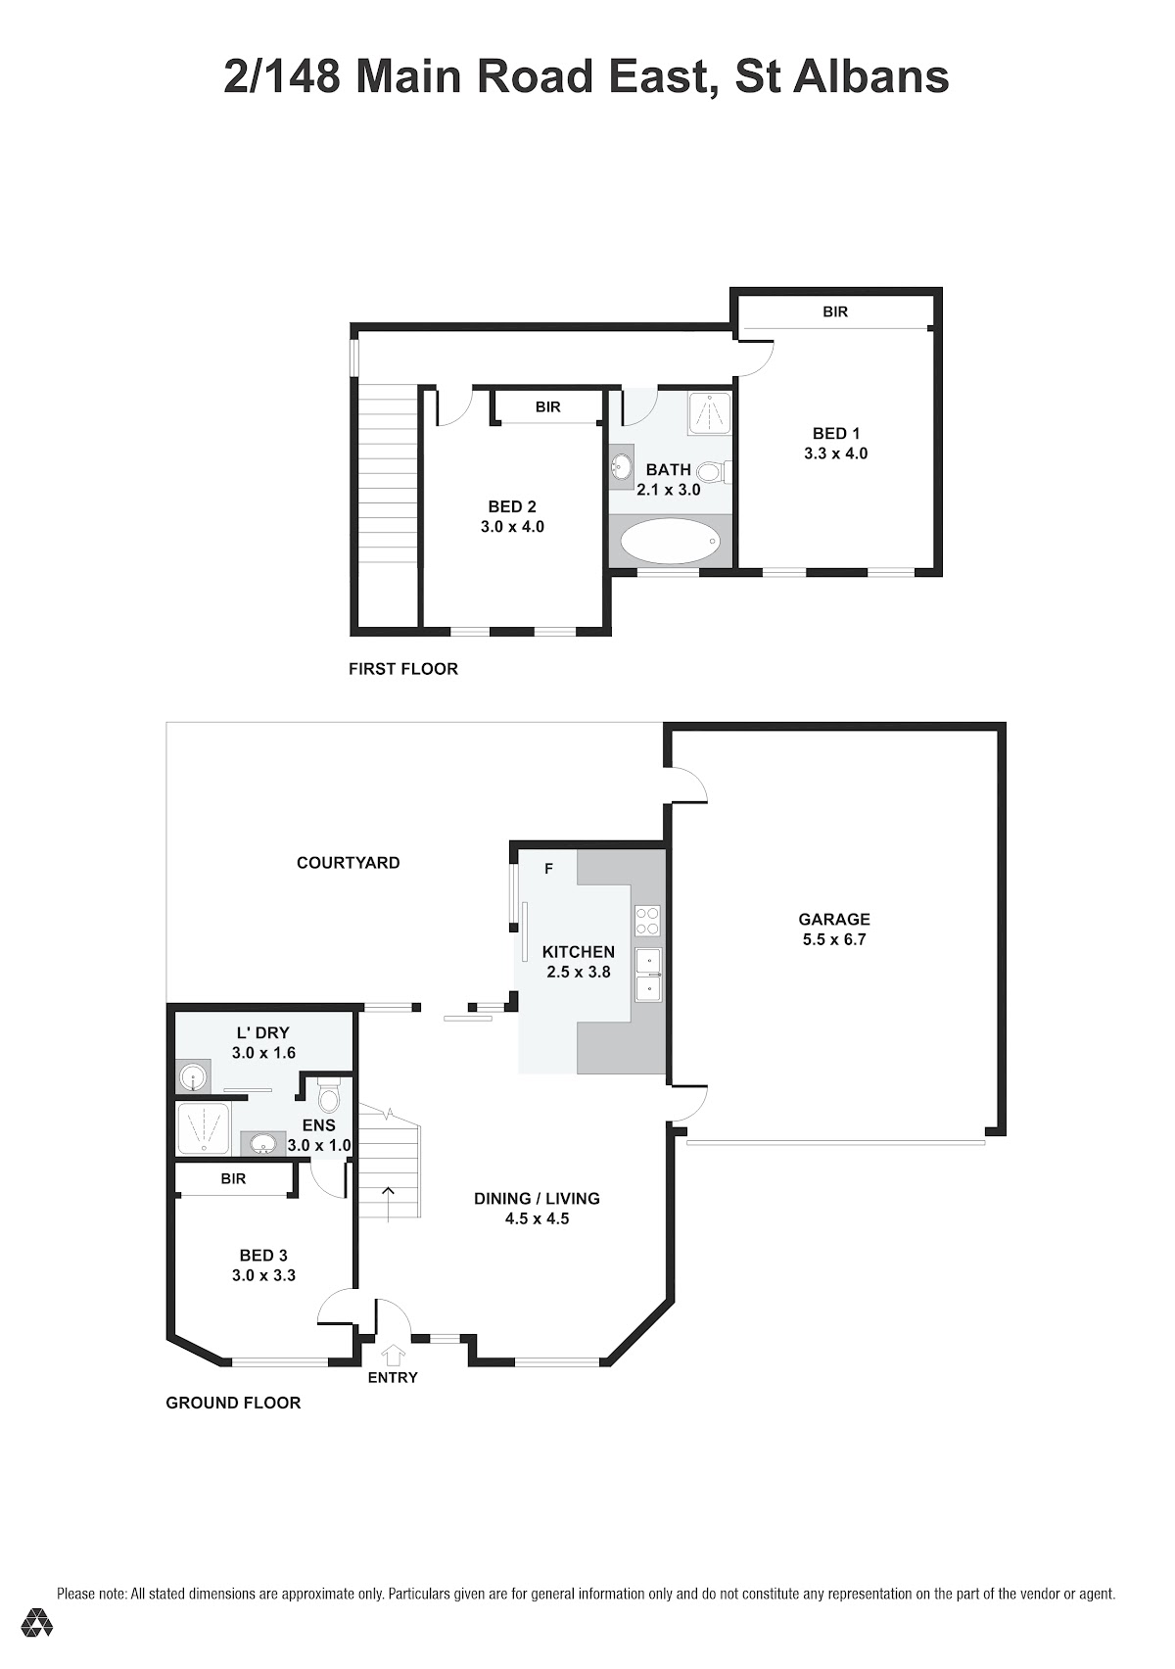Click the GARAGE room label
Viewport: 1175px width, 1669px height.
[833, 919]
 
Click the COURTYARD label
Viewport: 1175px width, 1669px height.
[348, 863]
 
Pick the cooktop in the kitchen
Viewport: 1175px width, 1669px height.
[646, 920]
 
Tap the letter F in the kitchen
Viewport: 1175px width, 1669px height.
[548, 869]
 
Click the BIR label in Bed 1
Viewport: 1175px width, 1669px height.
[835, 312]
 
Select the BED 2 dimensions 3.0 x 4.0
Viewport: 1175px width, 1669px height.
[512, 527]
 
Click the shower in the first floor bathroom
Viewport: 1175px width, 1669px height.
[709, 411]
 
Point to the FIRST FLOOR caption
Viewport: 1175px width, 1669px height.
[403, 669]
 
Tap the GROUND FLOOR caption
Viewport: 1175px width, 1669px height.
[233, 1403]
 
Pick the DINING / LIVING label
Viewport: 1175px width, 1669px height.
[537, 1199]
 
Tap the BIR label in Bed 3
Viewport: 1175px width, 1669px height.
[233, 1178]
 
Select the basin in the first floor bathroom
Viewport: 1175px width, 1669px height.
[622, 467]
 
